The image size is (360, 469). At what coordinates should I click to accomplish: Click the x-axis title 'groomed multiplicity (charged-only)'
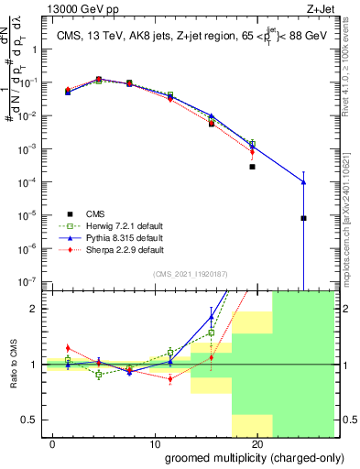(243, 457)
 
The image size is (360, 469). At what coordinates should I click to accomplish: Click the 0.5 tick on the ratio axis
(32, 420)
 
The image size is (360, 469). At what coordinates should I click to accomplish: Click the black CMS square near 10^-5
(303, 218)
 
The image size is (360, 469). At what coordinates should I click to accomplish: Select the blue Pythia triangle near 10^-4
(303, 182)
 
